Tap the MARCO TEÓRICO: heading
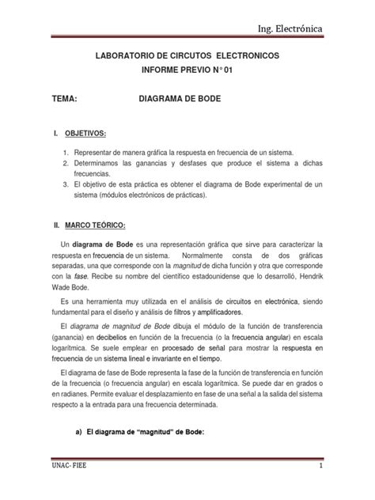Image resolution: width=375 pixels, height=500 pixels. (101, 225)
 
